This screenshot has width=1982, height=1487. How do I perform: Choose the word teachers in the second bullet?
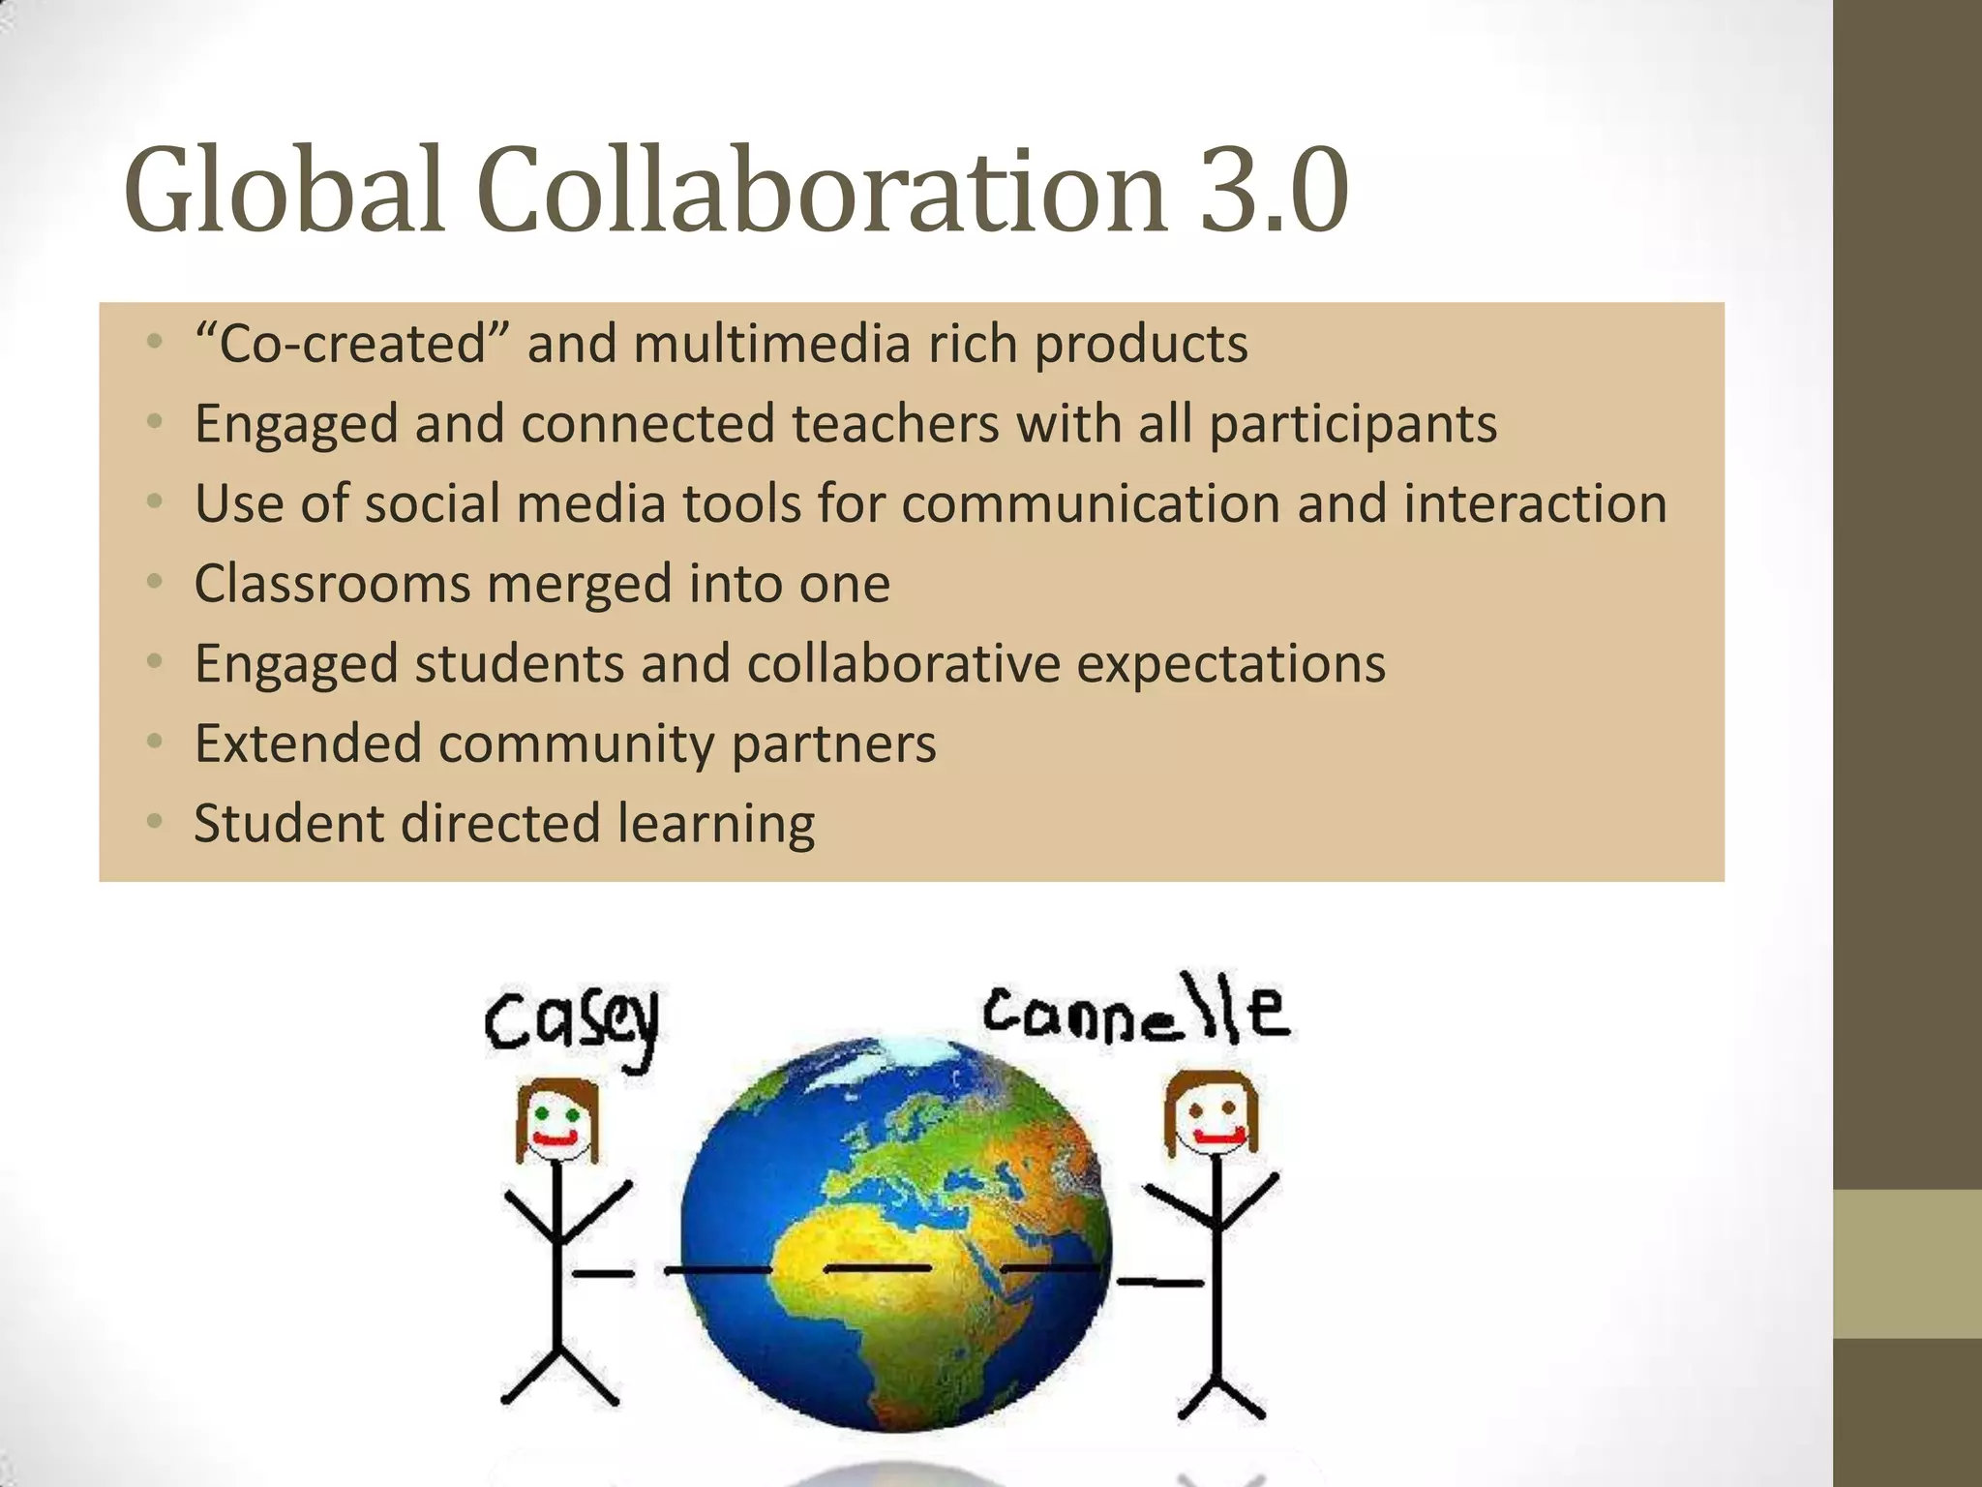click(x=895, y=424)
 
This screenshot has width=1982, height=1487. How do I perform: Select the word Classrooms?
click(x=332, y=584)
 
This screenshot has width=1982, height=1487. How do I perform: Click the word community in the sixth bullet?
click(x=576, y=744)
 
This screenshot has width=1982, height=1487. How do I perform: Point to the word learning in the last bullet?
click(x=716, y=825)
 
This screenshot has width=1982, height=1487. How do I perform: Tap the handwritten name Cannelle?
click(x=1136, y=1014)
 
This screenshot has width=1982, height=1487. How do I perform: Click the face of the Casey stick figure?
click(x=556, y=1123)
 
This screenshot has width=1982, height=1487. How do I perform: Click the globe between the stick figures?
click(x=895, y=1234)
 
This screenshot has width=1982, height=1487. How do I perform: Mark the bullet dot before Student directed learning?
click(x=154, y=822)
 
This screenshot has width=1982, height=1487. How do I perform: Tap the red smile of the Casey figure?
click(x=556, y=1140)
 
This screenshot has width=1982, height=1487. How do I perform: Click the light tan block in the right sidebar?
click(x=1907, y=1263)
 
